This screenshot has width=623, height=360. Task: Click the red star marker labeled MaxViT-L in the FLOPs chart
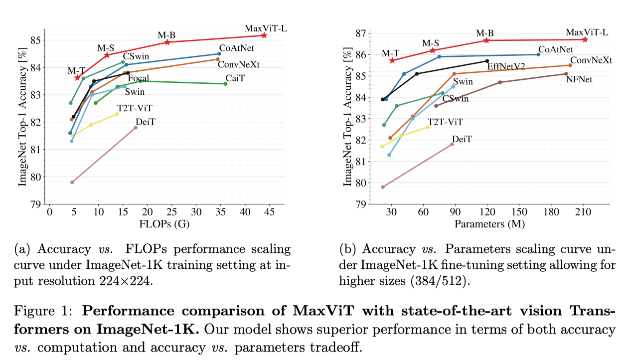point(264,35)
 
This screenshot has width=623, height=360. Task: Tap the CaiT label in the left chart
point(234,79)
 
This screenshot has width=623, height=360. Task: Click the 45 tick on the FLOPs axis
point(269,212)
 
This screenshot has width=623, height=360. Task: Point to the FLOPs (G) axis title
point(164,223)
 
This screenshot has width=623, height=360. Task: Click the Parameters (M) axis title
point(489,223)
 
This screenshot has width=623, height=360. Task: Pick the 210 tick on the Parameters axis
point(583,212)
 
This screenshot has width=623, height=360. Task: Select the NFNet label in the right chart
point(579,79)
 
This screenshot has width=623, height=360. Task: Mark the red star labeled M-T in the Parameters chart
point(392,60)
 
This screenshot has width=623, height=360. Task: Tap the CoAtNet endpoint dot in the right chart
point(538,54)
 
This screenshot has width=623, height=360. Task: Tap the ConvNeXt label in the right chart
point(591,60)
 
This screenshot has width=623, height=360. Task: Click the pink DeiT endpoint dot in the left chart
point(136,128)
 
